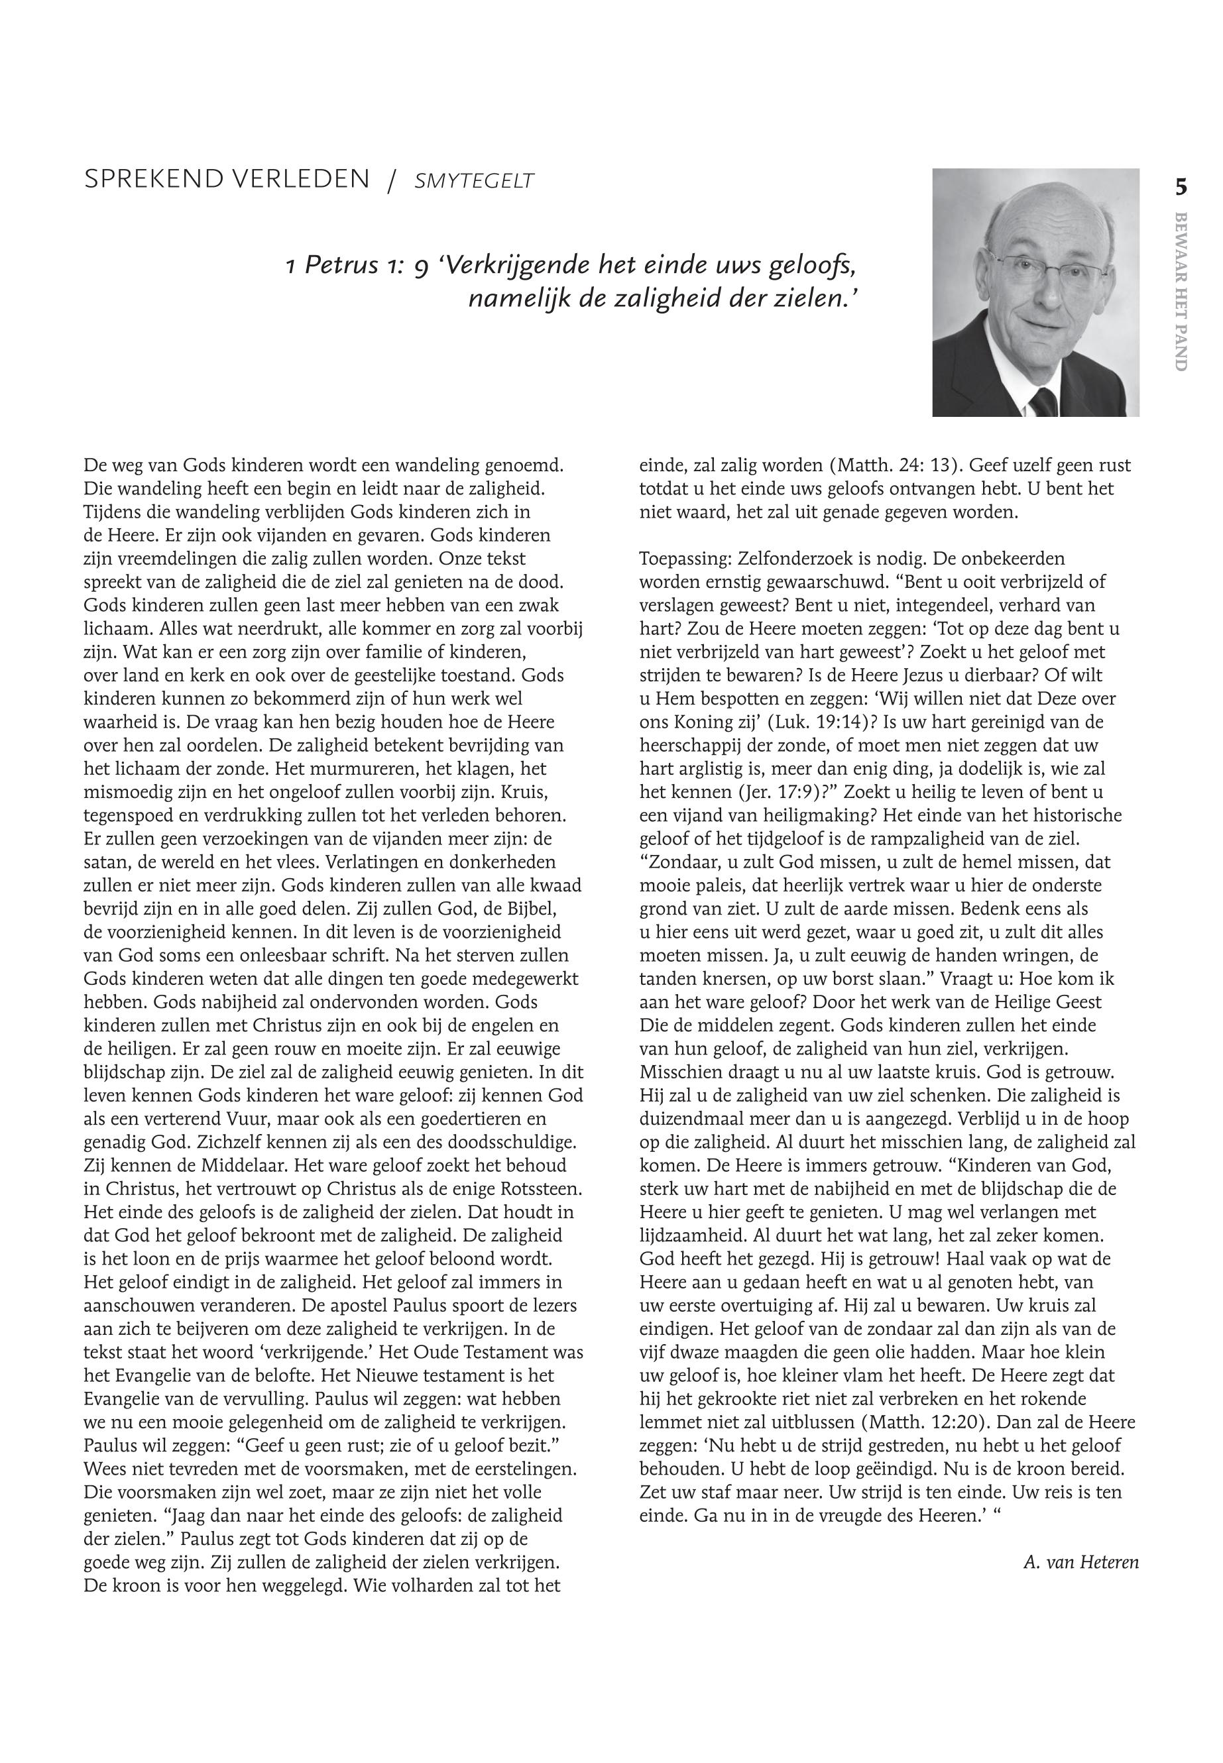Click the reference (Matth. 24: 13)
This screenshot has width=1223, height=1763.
897,465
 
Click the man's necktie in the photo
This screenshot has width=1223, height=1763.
1043,402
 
